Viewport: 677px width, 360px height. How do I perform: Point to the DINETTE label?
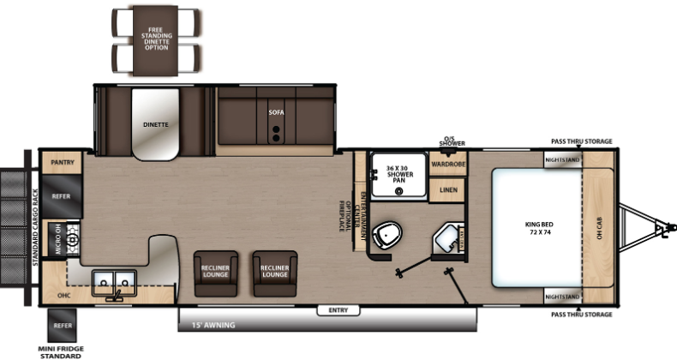(x=155, y=124)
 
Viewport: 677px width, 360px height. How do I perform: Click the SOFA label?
(x=275, y=112)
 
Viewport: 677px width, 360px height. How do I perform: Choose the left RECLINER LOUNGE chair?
(x=215, y=273)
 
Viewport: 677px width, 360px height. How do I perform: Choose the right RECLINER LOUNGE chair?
(x=274, y=273)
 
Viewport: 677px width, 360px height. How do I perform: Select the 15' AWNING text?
(x=213, y=325)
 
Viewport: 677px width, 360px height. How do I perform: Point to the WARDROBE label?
(x=447, y=163)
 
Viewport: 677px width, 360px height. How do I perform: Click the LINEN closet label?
(x=447, y=189)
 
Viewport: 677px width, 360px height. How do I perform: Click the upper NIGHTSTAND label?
(x=563, y=159)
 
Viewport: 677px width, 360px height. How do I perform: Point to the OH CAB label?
(x=599, y=228)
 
